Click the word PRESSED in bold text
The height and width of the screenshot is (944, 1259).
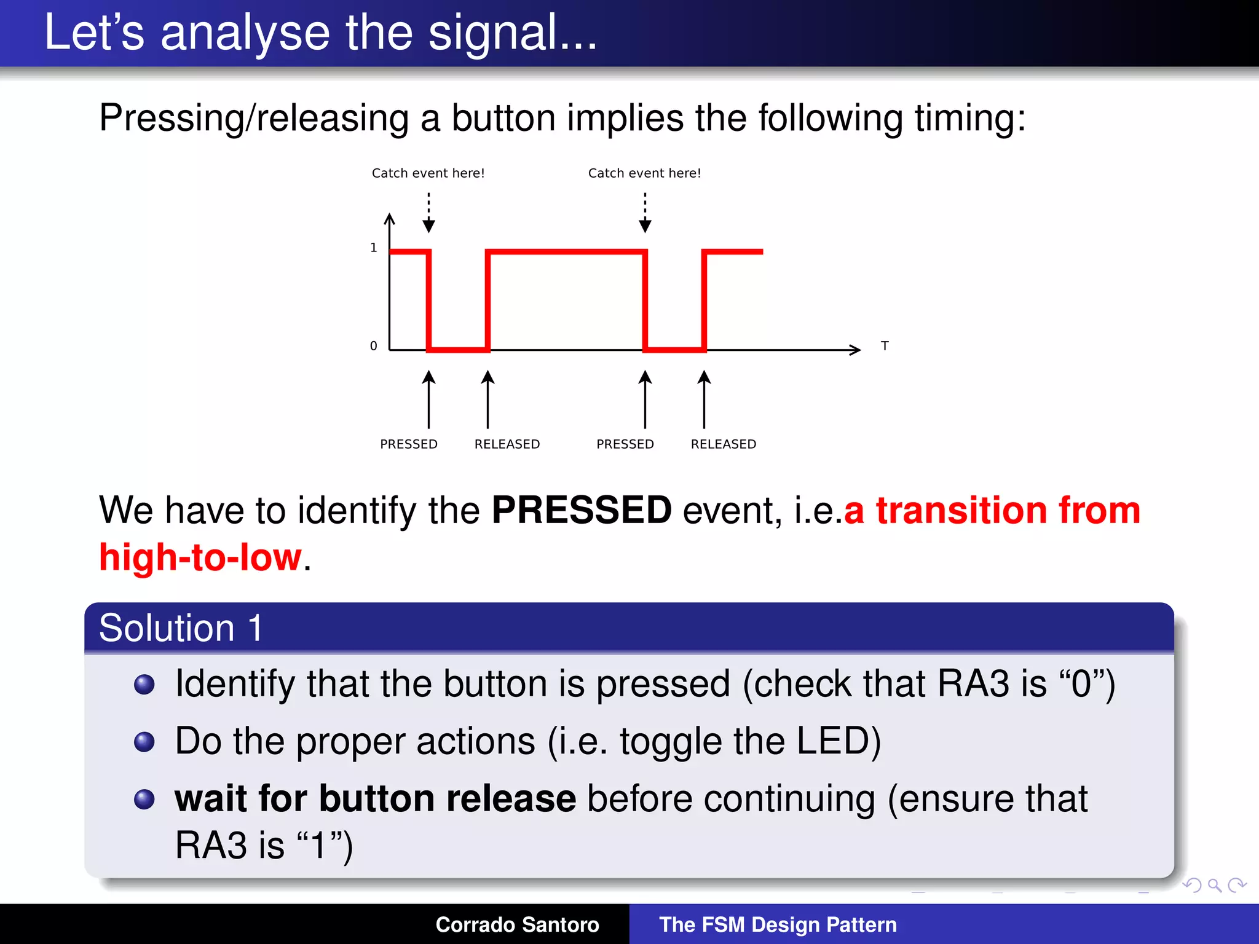tap(581, 510)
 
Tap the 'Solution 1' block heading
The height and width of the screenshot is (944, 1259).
tap(181, 628)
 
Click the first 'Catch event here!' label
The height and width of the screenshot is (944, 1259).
tap(428, 173)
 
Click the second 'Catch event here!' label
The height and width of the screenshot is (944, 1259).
tap(644, 173)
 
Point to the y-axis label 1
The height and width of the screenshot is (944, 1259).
tap(373, 248)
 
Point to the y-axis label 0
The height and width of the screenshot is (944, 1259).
tap(373, 346)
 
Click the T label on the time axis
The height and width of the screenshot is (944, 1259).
tap(884, 346)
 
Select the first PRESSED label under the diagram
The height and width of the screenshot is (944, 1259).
tap(409, 444)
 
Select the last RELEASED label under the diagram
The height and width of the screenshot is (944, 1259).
tap(723, 444)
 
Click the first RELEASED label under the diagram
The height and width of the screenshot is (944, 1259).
tap(507, 444)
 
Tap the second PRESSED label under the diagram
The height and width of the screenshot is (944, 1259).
tap(625, 444)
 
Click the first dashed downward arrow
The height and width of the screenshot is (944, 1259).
tap(429, 213)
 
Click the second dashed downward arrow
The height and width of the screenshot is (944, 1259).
tap(645, 213)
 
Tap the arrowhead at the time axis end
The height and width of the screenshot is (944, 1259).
tap(855, 350)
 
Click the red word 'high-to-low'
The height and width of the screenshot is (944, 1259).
tap(200, 557)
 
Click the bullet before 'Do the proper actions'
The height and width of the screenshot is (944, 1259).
tap(144, 742)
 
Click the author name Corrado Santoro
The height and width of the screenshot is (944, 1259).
tap(517, 924)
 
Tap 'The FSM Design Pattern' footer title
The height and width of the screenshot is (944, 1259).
tap(778, 924)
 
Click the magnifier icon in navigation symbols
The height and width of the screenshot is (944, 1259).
tap(1214, 885)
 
